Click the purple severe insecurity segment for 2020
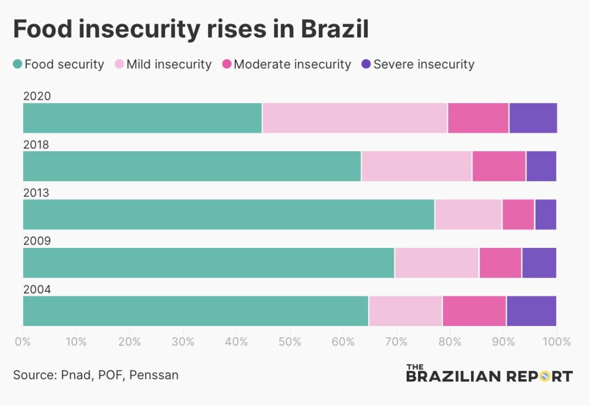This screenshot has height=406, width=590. (x=533, y=118)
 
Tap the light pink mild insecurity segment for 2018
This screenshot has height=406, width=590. (x=417, y=166)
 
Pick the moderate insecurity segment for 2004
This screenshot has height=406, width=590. (x=474, y=311)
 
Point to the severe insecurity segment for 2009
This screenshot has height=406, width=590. (x=539, y=263)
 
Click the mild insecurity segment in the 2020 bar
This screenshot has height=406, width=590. (x=354, y=118)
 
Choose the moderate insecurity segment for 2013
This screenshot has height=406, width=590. (x=518, y=214)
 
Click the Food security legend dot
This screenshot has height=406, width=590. (x=18, y=64)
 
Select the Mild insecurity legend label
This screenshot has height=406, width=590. (x=169, y=64)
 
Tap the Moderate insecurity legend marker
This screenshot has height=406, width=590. (x=227, y=64)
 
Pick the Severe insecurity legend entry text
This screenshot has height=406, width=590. (x=423, y=64)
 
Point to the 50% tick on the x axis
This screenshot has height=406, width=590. (x=290, y=342)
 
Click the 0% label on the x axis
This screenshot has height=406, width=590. (x=23, y=342)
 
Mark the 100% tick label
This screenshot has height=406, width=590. (x=556, y=342)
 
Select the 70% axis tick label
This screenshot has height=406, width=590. (x=397, y=342)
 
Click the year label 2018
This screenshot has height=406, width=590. (x=37, y=145)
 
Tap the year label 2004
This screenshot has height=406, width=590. (x=37, y=289)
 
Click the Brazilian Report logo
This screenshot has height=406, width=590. (x=489, y=374)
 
